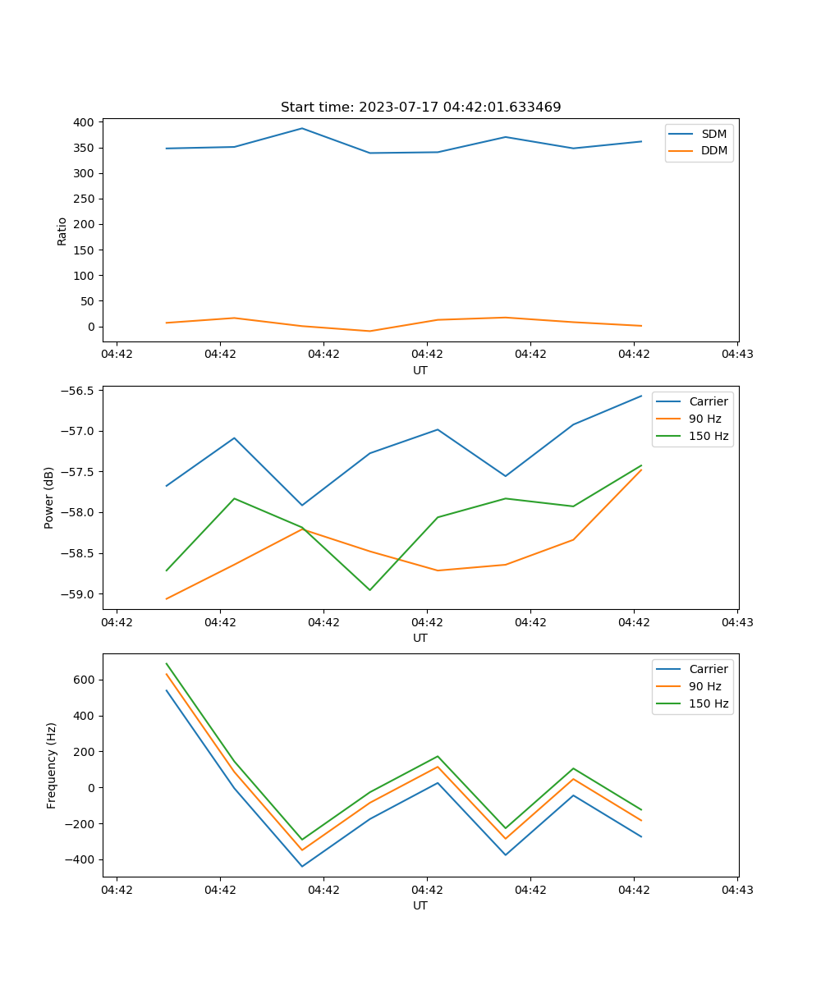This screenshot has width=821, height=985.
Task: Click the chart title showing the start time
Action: point(420,108)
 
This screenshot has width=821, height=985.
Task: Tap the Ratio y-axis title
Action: point(62,231)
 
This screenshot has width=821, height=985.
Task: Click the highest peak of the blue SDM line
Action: point(301,128)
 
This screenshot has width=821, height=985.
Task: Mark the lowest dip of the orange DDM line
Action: point(369,331)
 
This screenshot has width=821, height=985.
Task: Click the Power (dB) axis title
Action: point(49,497)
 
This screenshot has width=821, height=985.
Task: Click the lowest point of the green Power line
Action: point(369,590)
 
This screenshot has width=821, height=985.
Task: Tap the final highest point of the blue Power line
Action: point(641,396)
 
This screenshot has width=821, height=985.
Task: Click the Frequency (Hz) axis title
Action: point(52,765)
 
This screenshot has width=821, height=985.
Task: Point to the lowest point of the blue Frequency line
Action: point(301,866)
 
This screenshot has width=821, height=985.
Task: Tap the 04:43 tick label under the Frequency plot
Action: point(737,890)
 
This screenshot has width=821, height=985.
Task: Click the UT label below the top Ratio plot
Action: point(420,370)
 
